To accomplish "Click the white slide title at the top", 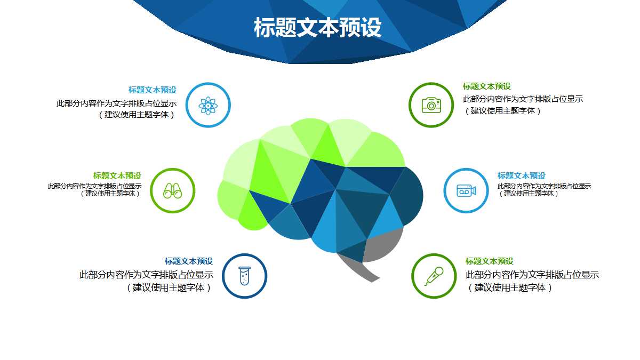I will coord(318,28).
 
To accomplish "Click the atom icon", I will coord(208,106).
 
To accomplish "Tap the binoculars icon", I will coord(172,190).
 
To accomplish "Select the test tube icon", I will coord(244,276).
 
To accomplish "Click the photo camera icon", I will coord(431,105).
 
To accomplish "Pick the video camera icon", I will coord(466,190).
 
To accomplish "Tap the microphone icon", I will coord(434,276).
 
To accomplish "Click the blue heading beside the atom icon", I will coord(152,90).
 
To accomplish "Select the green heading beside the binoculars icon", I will coord(117,175).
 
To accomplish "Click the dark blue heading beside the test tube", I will coord(189,261).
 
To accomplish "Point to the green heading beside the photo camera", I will coord(487,86).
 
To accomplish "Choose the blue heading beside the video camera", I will coord(522,175).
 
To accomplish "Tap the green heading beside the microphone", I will coord(490,261).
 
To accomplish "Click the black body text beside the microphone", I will coord(532,281).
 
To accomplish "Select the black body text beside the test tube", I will coord(147,281).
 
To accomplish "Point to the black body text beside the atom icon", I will coord(117,109).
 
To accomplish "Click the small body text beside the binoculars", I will coord(95,190).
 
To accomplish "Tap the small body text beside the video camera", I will coord(544,190).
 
